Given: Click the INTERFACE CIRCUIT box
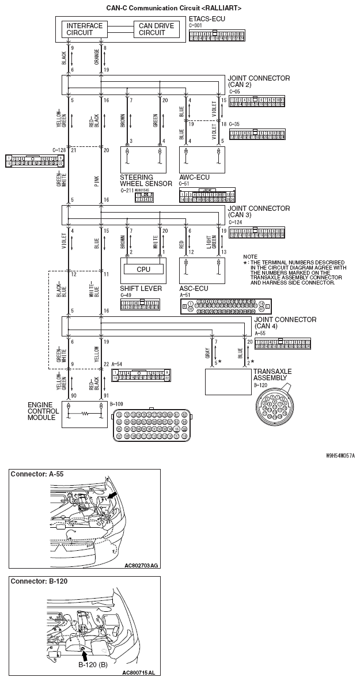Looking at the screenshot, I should (x=84, y=29).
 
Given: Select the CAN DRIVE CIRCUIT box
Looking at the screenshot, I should (x=152, y=29).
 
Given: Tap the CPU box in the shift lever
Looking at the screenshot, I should (x=143, y=269).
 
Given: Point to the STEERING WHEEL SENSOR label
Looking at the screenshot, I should (x=146, y=180).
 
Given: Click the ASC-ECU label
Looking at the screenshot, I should (x=194, y=288).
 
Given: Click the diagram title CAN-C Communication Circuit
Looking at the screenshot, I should (x=173, y=9).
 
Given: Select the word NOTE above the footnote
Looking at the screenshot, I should (x=250, y=256).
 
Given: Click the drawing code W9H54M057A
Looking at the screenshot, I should (x=340, y=455).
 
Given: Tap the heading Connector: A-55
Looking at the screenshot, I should (x=39, y=474).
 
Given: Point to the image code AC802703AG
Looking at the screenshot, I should (x=141, y=565).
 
